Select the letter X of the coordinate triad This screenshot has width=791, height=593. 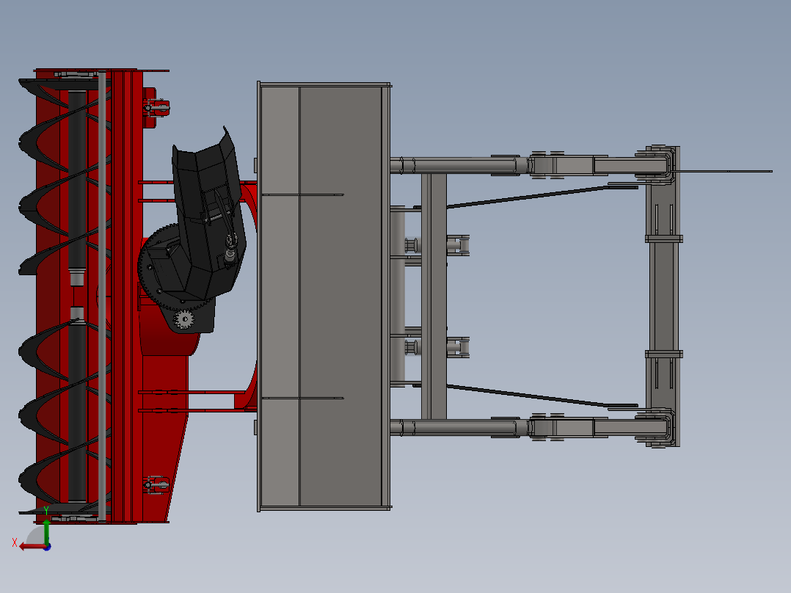tap(15, 542)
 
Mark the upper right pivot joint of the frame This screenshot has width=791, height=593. tap(660, 165)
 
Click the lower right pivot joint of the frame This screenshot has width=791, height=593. tap(660, 428)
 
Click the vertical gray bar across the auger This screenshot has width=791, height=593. tap(102, 294)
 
